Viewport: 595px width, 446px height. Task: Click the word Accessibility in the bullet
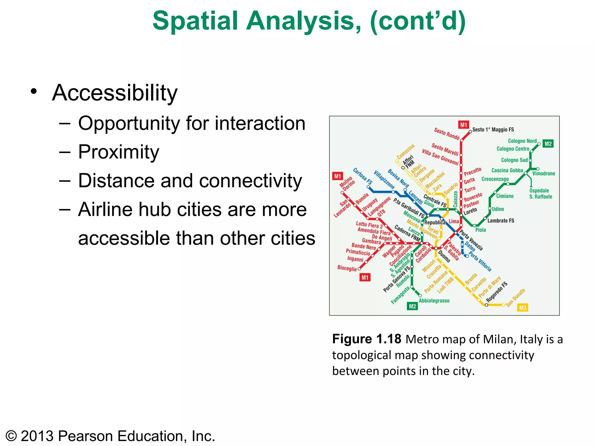coord(115,93)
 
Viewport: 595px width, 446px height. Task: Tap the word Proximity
coord(119,152)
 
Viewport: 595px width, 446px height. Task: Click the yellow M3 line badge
coord(522,307)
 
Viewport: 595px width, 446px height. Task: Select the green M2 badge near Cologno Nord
coord(548,144)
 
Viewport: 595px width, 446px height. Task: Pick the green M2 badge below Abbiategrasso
coord(412,306)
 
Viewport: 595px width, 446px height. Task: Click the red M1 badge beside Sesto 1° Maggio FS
coord(464,125)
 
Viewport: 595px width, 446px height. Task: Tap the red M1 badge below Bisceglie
coord(365,277)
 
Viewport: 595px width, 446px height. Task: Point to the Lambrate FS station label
coord(501,221)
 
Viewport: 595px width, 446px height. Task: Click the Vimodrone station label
coord(544,174)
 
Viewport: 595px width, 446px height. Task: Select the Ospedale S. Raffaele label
coord(540,194)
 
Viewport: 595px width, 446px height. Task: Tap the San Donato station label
coord(515,298)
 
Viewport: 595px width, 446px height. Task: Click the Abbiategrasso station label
coord(434,301)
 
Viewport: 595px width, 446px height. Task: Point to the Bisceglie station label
coord(347,268)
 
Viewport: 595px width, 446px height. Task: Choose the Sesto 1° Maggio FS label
coord(493,130)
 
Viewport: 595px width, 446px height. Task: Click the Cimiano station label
coord(505,196)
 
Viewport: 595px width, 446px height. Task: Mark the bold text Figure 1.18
coord(367,339)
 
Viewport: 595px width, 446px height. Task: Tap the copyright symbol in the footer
coord(11,436)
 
